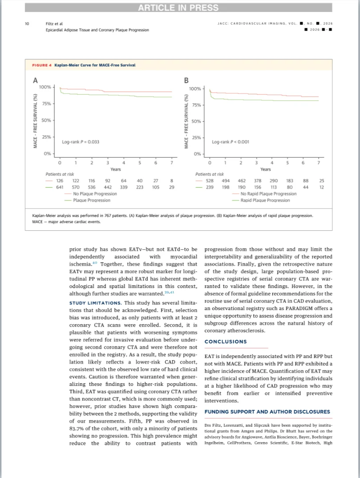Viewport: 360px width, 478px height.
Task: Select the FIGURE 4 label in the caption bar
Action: [x=42, y=65]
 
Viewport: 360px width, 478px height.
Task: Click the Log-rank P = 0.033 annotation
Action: [x=80, y=142]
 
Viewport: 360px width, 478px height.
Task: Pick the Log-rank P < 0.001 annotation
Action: [x=230, y=142]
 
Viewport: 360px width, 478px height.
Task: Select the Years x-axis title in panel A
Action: [x=116, y=169]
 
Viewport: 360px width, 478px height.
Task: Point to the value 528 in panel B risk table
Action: [x=210, y=181]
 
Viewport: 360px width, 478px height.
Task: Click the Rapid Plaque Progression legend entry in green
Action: [x=265, y=200]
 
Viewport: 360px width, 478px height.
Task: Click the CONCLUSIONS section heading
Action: [x=225, y=342]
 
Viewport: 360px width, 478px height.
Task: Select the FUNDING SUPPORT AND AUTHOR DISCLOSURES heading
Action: [x=267, y=412]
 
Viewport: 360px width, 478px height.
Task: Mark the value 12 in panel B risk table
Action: [x=321, y=187]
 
